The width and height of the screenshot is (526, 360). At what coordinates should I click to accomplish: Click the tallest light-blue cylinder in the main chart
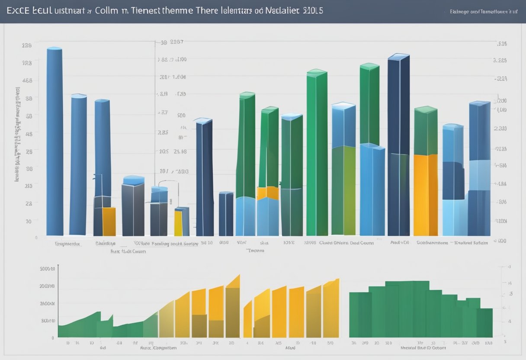pyautogui.click(x=55, y=143)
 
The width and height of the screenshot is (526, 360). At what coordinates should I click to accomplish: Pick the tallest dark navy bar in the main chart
pyautogui.click(x=398, y=145)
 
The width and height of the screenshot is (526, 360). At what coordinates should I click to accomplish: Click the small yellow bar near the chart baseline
pyautogui.click(x=178, y=223)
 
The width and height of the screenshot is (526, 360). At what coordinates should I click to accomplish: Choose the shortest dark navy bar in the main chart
pyautogui.click(x=225, y=214)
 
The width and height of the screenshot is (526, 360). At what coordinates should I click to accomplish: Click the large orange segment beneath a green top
pyautogui.click(x=425, y=195)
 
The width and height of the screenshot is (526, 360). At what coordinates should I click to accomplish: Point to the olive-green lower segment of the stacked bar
pyautogui.click(x=343, y=190)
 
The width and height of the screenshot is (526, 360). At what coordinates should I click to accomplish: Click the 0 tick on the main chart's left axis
pyautogui.click(x=36, y=238)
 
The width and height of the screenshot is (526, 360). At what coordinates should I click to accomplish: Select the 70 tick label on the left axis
pyautogui.click(x=29, y=221)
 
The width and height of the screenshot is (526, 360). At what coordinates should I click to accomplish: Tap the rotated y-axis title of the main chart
pyautogui.click(x=18, y=134)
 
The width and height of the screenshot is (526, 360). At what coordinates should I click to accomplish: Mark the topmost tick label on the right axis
pyautogui.click(x=502, y=44)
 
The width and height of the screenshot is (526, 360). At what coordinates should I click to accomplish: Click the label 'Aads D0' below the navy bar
pyautogui.click(x=399, y=243)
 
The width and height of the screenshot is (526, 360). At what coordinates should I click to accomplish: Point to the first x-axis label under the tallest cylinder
pyautogui.click(x=67, y=244)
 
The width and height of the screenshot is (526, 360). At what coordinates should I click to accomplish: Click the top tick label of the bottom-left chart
pyautogui.click(x=47, y=269)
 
